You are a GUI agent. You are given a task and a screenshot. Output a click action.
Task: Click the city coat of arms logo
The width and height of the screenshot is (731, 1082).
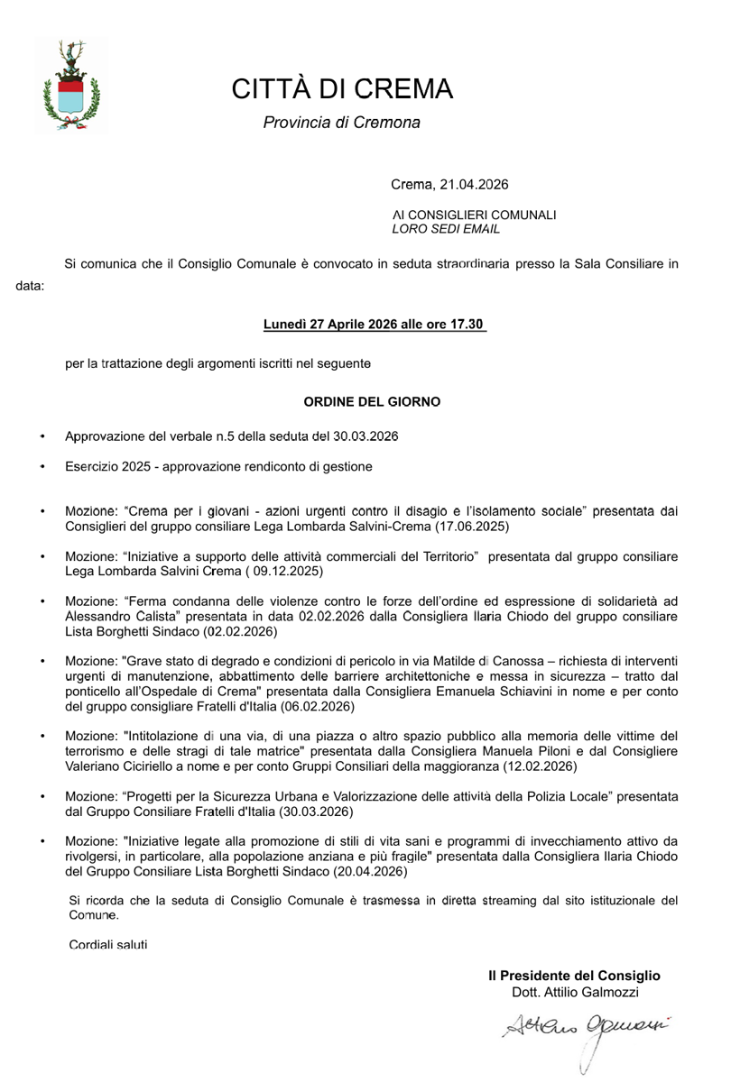tap(71, 85)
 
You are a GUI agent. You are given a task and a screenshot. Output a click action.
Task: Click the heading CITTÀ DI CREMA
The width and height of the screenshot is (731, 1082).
tap(342, 89)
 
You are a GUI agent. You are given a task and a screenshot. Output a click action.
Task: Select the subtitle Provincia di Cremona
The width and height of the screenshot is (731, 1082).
tap(341, 122)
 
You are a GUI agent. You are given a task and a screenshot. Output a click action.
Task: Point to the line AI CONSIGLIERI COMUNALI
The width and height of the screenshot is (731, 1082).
tap(474, 215)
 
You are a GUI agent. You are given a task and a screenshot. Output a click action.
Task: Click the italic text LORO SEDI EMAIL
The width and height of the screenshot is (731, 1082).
tap(447, 229)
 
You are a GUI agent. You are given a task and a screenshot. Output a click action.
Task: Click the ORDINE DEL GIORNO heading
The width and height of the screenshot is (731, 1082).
tap(372, 401)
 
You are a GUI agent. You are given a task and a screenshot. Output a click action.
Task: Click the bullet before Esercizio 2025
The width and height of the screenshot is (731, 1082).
tap(42, 467)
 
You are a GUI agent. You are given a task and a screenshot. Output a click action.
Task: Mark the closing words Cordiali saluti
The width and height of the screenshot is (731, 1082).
tap(108, 945)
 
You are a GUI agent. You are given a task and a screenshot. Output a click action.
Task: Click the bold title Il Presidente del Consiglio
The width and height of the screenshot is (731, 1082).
tap(574, 976)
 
